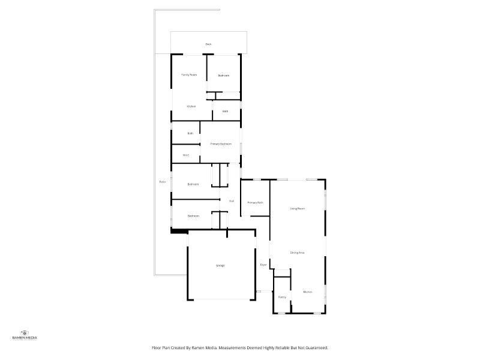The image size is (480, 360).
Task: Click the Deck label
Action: tap(208, 44)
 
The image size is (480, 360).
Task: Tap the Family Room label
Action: tap(189, 74)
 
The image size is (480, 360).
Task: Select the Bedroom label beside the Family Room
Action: tap(224, 76)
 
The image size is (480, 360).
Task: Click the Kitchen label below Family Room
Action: tap(191, 106)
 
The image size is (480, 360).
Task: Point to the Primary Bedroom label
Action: tap(221, 144)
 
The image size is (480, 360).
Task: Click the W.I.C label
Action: tap(186, 156)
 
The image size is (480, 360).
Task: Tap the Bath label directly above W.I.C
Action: tap(190, 133)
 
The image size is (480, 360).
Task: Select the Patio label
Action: tap(162, 182)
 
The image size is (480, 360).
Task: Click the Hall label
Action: tap(231, 201)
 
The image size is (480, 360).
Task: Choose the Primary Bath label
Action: tap(255, 203)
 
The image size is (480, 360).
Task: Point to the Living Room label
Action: tap(297, 208)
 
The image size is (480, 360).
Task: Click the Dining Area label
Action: tap(297, 253)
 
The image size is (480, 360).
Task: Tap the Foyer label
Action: tap(263, 265)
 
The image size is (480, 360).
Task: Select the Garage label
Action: tap(220, 265)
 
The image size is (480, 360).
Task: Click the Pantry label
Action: tap(282, 297)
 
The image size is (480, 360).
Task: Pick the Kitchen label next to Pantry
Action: tap(307, 292)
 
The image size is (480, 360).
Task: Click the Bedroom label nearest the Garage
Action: tap(193, 216)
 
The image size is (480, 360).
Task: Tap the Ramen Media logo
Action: tap(25, 335)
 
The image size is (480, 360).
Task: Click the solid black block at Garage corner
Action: tap(178, 230)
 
